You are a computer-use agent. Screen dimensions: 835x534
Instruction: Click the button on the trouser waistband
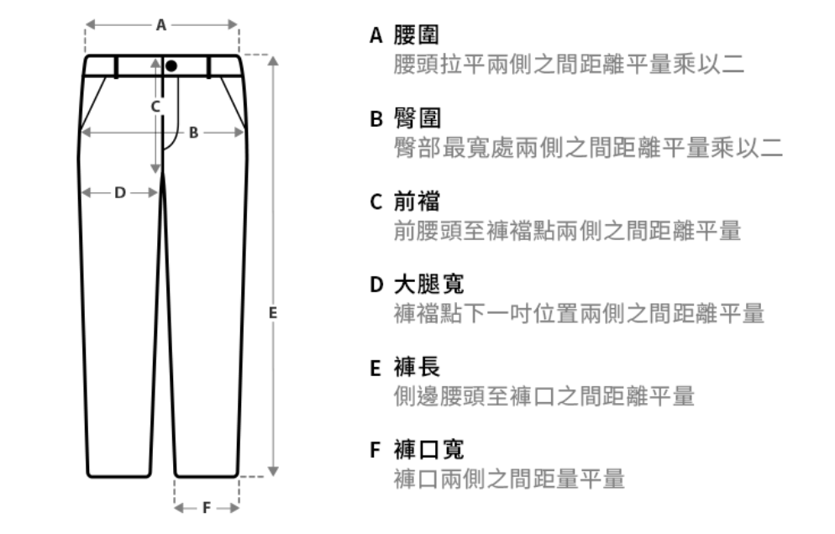171,66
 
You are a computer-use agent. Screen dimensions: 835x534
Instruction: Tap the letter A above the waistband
161,25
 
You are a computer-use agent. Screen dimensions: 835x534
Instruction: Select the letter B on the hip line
194,133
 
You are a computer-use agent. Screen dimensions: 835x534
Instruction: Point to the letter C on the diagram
155,107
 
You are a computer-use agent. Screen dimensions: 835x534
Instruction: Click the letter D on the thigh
120,193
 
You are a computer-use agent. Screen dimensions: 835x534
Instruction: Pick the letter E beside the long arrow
273,313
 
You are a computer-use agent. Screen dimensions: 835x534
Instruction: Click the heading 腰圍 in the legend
417,35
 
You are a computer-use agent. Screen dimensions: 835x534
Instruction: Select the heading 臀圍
417,118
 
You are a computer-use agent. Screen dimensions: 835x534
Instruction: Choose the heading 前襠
417,202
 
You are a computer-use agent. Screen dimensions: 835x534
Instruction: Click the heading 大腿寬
428,285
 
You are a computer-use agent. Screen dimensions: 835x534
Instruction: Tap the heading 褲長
417,368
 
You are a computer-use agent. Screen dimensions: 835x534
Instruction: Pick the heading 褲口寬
428,450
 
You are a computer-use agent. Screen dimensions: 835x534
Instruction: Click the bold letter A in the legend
376,35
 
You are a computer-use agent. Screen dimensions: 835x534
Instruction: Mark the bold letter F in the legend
375,450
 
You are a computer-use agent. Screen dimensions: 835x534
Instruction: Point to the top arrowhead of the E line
273,60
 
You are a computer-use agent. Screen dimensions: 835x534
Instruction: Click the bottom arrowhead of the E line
273,471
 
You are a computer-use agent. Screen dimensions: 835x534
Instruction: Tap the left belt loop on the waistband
117,67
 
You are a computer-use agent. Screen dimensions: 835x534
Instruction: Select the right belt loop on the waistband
208,67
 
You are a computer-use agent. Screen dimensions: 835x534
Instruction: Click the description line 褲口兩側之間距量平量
509,479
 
